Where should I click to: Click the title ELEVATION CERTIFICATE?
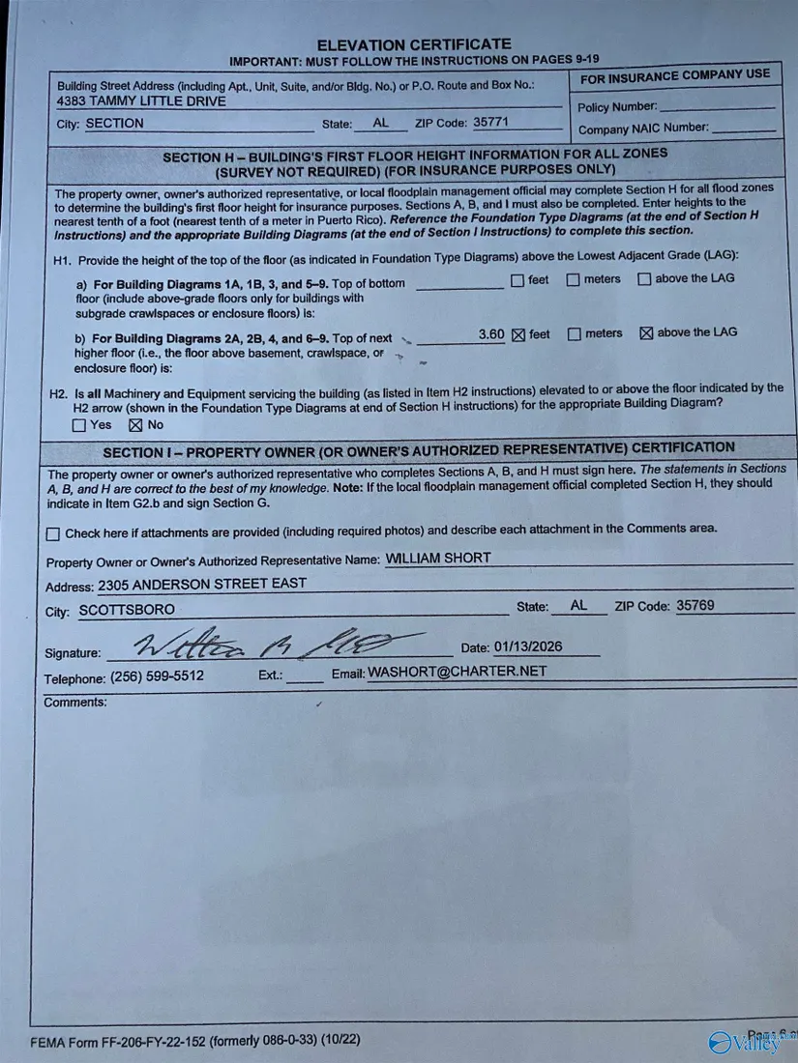click(413, 44)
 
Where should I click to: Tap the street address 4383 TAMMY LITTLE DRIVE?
click(141, 101)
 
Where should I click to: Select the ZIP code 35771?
click(490, 123)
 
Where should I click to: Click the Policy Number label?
click(617, 107)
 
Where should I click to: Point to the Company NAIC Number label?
click(643, 129)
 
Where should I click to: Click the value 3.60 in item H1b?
click(491, 334)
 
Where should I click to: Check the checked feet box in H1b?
click(517, 335)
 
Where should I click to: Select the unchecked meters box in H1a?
click(573, 280)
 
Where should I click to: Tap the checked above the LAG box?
click(646, 333)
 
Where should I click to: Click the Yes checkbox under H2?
click(79, 425)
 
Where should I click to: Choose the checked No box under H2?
click(134, 425)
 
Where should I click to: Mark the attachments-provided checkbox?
click(53, 533)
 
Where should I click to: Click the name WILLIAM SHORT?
click(438, 558)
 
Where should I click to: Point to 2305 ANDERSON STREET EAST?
click(202, 584)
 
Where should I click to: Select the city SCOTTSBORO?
click(127, 610)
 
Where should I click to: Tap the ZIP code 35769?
click(695, 606)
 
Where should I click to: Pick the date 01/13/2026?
click(528, 647)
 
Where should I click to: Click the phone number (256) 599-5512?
click(157, 676)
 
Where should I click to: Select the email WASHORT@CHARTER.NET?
click(457, 672)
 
